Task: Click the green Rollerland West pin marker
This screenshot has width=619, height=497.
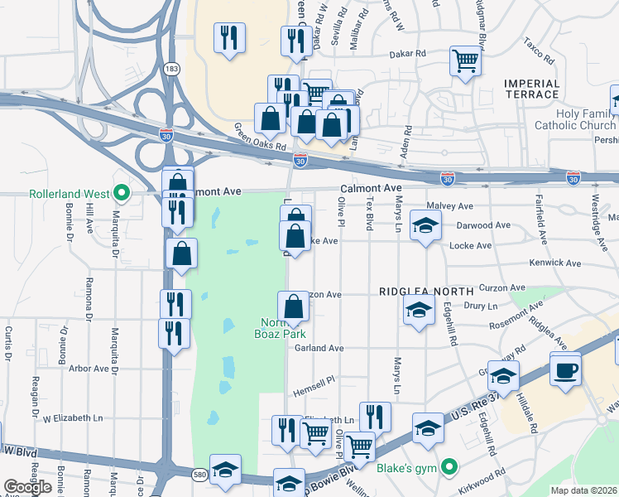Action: (122, 194)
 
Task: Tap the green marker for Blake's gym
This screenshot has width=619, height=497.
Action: (449, 468)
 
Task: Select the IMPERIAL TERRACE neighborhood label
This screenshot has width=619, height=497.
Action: (531, 89)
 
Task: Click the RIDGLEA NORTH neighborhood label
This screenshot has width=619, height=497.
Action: (426, 292)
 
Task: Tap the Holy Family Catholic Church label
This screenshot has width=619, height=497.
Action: (575, 120)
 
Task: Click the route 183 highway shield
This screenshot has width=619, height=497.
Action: (170, 69)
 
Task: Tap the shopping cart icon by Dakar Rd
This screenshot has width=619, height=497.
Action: (466, 60)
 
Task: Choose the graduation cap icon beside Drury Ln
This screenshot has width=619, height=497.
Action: (419, 311)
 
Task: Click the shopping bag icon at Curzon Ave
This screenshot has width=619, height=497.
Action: (293, 306)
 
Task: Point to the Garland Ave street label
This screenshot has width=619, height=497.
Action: (319, 349)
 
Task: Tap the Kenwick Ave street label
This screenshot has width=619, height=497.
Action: (556, 263)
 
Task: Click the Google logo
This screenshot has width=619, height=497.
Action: (27, 486)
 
